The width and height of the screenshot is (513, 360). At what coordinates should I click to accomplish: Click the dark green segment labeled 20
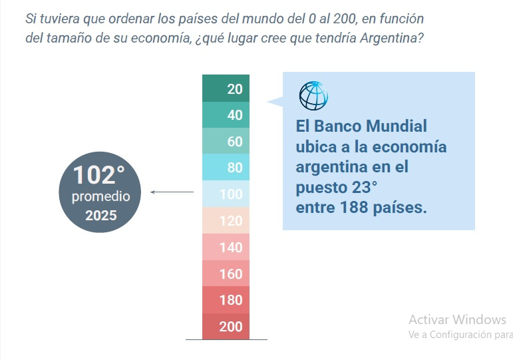[x=226, y=89]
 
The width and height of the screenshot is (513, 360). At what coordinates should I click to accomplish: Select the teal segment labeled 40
[x=226, y=115]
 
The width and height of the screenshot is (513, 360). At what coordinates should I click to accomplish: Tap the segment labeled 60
[x=226, y=141]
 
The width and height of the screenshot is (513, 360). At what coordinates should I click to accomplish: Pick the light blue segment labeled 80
[x=226, y=168]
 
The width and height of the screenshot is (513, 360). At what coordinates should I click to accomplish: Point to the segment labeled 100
[x=226, y=194]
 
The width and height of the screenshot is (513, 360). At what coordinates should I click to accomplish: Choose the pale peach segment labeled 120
[x=226, y=220]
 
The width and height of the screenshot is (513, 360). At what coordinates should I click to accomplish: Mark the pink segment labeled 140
[x=226, y=247]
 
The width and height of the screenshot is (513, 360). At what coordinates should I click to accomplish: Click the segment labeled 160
[x=226, y=273]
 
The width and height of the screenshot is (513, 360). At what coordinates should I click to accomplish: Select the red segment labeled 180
[x=226, y=299]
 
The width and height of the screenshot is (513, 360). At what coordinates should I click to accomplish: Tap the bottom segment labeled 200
[x=226, y=326]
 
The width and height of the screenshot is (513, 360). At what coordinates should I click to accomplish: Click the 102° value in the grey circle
[x=99, y=176]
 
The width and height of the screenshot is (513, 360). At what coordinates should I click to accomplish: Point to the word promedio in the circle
[x=101, y=197]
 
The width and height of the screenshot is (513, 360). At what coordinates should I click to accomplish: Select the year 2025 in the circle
[x=100, y=216]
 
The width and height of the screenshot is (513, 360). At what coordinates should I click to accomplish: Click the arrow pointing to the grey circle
[x=172, y=192]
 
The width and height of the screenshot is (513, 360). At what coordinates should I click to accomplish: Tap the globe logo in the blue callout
[x=313, y=95]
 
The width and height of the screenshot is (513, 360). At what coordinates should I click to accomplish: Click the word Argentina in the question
[x=389, y=37]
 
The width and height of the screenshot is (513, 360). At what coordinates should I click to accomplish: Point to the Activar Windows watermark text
[x=457, y=319]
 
